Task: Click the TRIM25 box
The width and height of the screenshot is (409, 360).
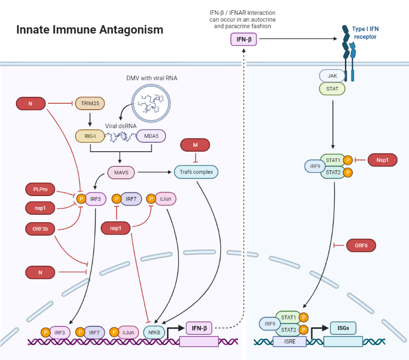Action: (89, 104)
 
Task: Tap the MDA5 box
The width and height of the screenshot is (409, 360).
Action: (151, 136)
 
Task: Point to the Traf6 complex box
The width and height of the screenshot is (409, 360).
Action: (196, 172)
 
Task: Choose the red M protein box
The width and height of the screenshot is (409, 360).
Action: (195, 145)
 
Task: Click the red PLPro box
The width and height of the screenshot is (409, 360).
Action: (41, 189)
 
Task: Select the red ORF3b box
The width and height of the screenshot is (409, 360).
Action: (41, 229)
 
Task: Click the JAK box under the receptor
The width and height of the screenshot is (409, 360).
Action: (332, 76)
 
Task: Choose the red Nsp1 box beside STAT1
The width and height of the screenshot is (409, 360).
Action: (382, 160)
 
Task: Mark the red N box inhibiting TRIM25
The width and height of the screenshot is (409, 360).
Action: (31, 104)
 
